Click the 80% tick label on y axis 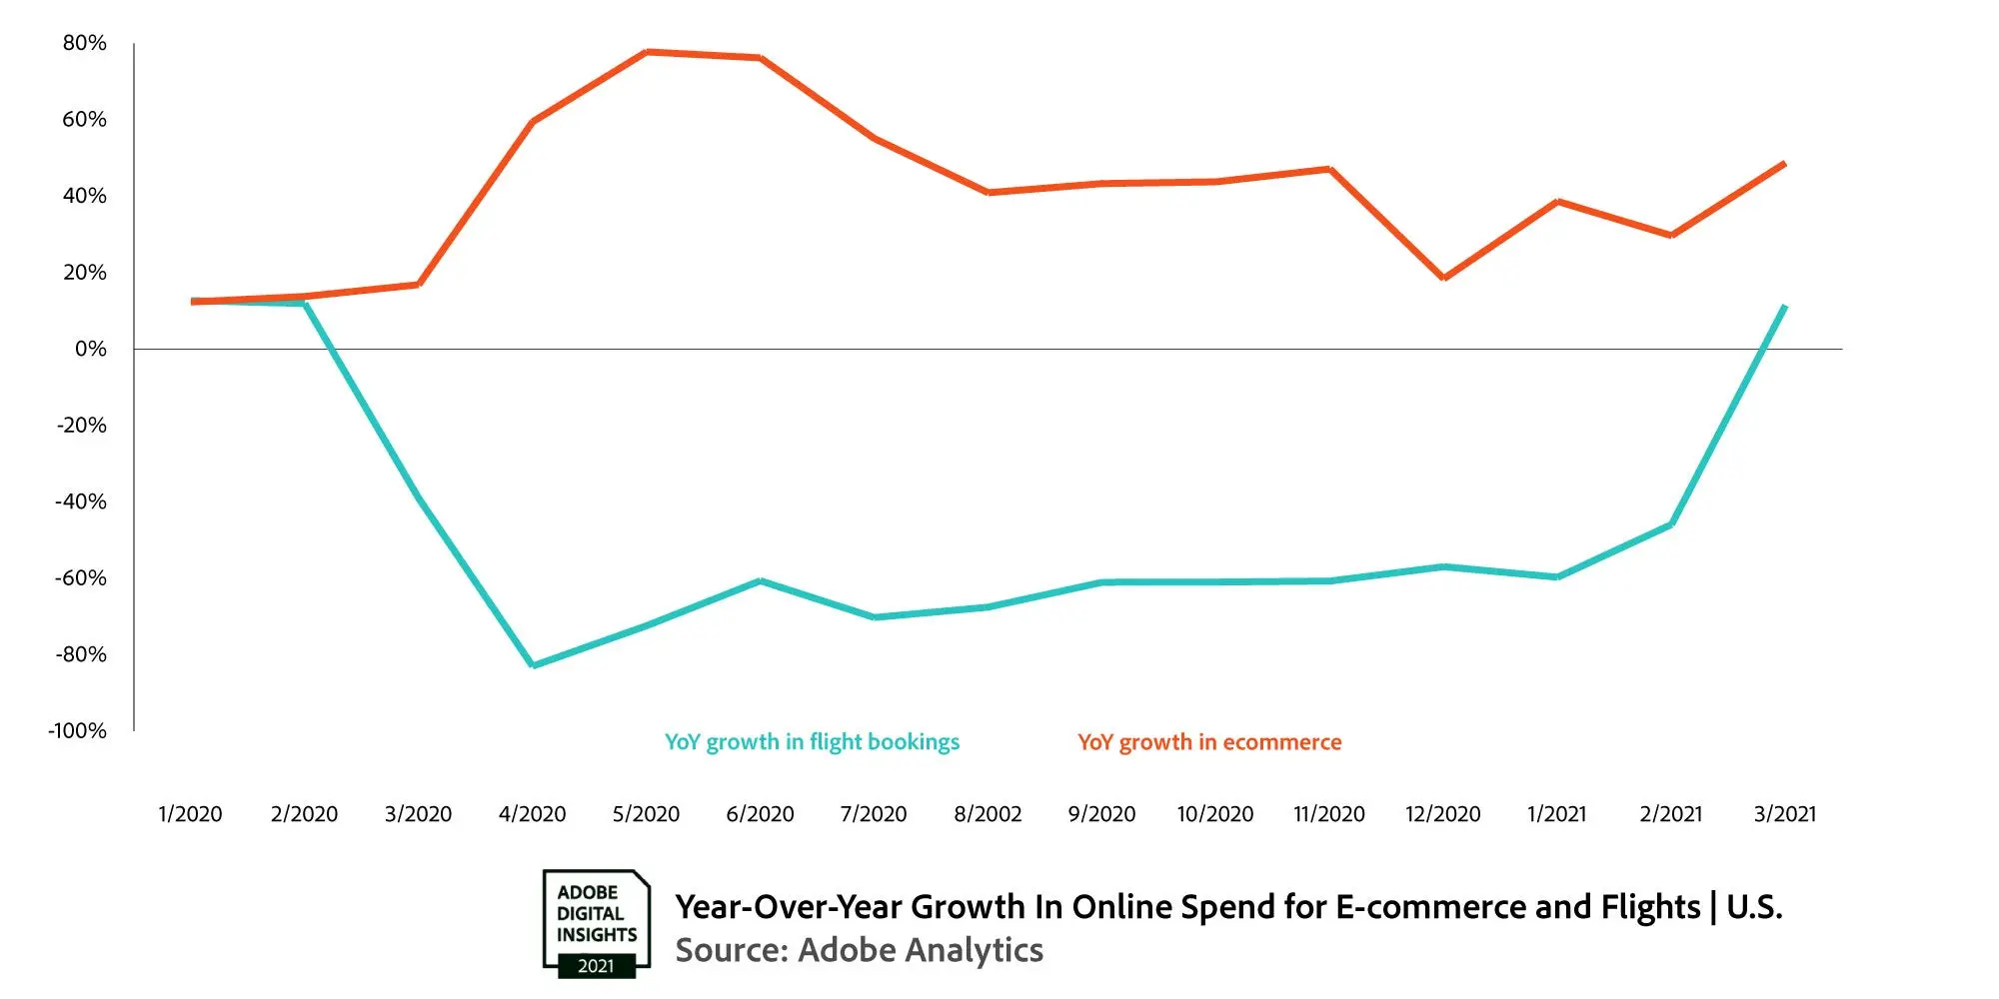click(x=84, y=43)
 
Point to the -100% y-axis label click(x=78, y=730)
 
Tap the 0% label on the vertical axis click(x=90, y=349)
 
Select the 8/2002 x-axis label click(x=988, y=814)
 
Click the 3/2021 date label click(x=1784, y=814)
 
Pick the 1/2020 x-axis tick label click(x=190, y=814)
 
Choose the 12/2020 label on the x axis click(x=1442, y=814)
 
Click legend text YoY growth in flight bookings click(x=812, y=742)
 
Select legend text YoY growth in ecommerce click(x=1209, y=742)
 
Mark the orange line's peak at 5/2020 click(x=647, y=52)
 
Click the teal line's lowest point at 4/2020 click(x=533, y=665)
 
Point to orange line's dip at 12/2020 click(x=1443, y=278)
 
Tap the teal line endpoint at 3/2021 click(x=1784, y=307)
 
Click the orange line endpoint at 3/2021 click(x=1784, y=164)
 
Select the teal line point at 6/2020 click(x=761, y=580)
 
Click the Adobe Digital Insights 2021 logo click(x=596, y=923)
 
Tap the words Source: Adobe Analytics click(x=859, y=950)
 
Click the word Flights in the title click(x=1650, y=907)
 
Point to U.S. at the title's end click(x=1754, y=907)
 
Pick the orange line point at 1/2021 click(x=1557, y=202)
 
